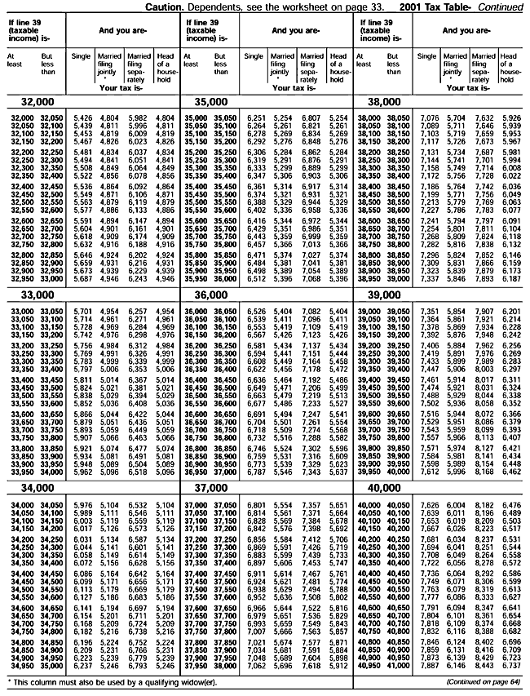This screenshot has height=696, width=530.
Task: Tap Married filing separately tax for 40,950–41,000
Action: coord(484,666)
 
